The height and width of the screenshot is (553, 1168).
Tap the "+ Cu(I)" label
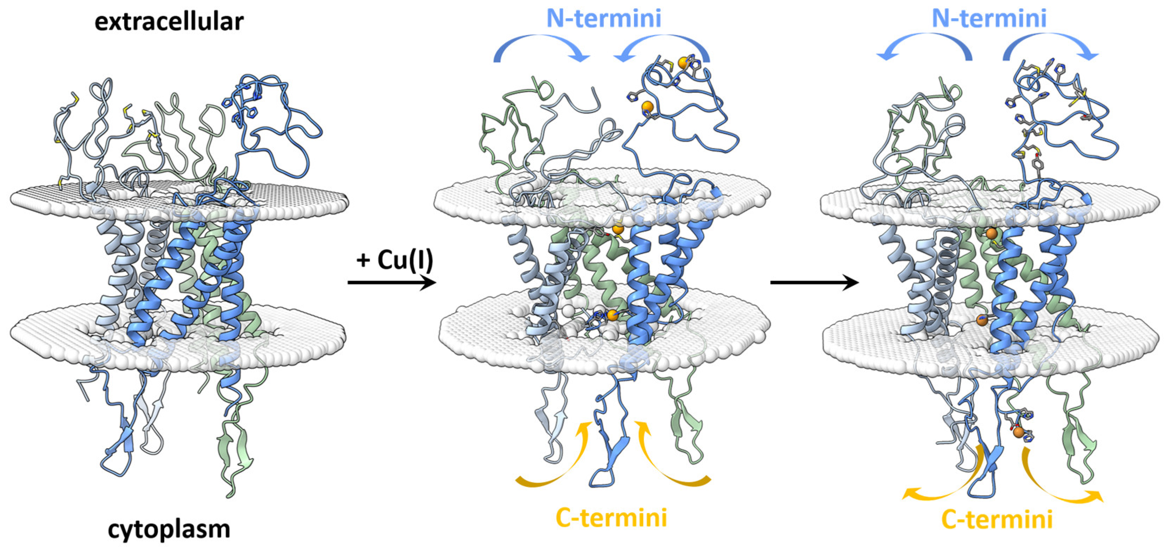pos(395,260)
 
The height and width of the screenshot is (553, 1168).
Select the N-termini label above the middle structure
pos(603,18)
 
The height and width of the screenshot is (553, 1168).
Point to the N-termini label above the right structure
pos(989,18)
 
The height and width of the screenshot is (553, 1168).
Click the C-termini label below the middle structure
pos(611,518)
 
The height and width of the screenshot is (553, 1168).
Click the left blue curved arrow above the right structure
pos(925,48)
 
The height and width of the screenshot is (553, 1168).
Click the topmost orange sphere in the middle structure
pos(683,63)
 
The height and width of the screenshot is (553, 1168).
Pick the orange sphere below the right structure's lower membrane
pos(1018,432)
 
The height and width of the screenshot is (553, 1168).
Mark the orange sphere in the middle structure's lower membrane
pos(613,315)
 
